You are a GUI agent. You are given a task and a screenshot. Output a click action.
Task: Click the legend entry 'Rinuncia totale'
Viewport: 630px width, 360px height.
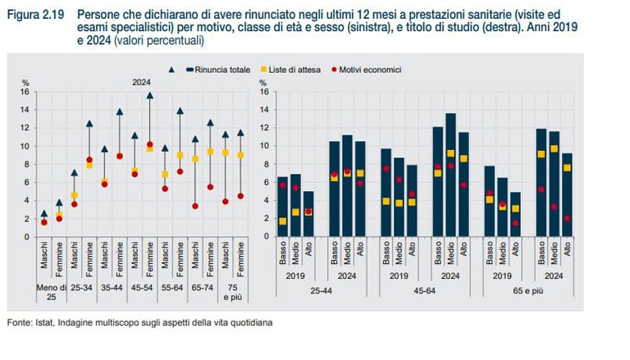(219, 71)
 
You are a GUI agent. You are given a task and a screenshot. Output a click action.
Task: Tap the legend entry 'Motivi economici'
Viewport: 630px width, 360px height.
(372, 71)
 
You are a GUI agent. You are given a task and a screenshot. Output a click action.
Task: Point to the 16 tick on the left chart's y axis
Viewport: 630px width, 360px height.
(25, 92)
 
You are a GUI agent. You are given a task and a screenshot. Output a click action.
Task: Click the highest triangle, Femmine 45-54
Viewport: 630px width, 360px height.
(149, 95)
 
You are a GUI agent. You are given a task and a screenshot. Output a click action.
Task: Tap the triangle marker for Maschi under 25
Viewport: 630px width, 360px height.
(44, 213)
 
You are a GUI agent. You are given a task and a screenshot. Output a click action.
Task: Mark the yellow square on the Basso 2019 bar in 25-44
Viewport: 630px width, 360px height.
(283, 221)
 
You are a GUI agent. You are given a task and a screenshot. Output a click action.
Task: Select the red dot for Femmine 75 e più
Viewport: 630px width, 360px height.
(240, 196)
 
